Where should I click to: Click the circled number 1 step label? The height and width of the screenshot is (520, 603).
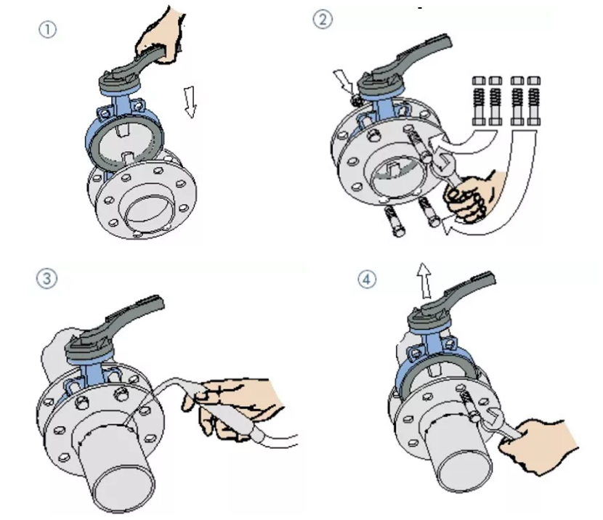click(x=48, y=30)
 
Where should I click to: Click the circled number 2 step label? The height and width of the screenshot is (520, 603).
click(x=323, y=19)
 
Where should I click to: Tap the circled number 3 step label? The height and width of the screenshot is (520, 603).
click(x=46, y=278)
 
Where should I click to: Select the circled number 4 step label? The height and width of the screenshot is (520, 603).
click(x=367, y=279)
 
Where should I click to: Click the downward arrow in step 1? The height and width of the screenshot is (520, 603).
click(x=190, y=102)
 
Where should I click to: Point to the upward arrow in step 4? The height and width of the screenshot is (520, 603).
click(x=425, y=280)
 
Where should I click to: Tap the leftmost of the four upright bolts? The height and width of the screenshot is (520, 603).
click(x=479, y=101)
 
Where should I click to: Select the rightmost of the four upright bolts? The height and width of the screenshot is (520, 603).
click(x=534, y=101)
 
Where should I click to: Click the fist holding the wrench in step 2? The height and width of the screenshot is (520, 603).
click(x=471, y=197)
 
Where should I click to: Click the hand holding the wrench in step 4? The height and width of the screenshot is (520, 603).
click(x=538, y=446)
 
